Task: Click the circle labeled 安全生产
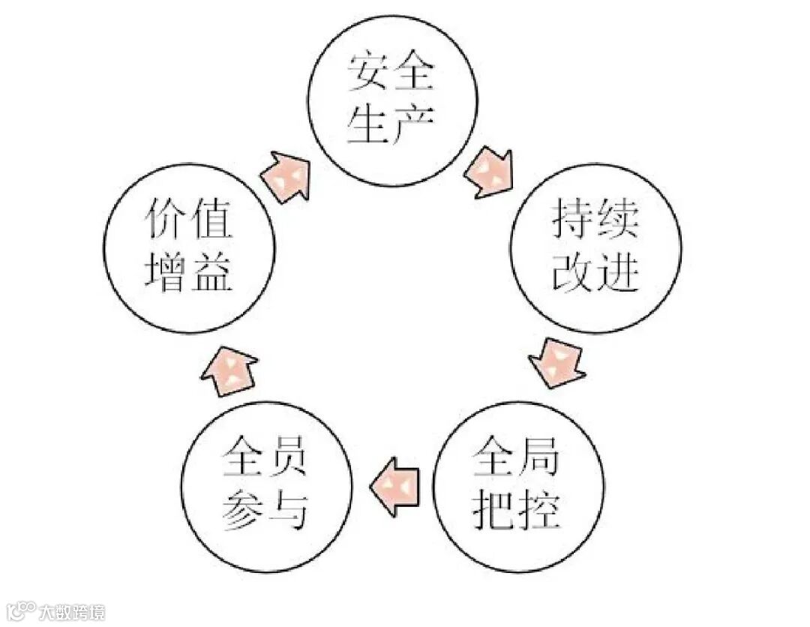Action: tap(392, 100)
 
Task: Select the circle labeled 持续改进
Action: tap(596, 247)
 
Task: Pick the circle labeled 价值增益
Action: tap(189, 247)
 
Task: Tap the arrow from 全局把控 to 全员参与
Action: tap(395, 487)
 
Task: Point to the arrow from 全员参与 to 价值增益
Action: tap(229, 372)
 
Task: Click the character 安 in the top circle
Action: tap(369, 73)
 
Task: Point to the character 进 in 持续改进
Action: tap(619, 274)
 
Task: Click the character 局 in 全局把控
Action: tap(540, 459)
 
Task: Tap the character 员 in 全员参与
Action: tap(289, 459)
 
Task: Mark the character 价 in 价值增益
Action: tap(165, 220)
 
